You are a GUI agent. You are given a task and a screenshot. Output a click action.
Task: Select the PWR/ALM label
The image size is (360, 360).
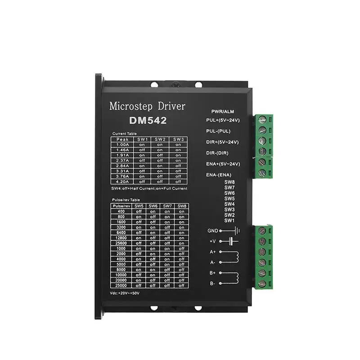[222, 111]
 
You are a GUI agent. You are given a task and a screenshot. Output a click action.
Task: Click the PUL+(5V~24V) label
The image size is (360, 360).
[223, 120]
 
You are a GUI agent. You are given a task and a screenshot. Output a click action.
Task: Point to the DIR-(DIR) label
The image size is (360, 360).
[218, 153]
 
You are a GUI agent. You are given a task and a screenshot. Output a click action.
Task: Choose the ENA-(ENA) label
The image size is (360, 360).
[219, 174]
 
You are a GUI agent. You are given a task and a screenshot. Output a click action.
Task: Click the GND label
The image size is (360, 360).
[212, 231]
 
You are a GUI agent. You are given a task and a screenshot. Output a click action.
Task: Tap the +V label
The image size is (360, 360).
[214, 241]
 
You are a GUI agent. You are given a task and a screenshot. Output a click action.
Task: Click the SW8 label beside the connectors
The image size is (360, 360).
[229, 182]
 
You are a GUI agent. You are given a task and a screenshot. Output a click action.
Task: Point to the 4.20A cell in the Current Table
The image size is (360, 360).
[122, 182]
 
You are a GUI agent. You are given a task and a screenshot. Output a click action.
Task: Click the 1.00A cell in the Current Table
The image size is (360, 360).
[122, 144]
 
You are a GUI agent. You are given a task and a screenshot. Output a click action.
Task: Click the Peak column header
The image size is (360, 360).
[122, 139]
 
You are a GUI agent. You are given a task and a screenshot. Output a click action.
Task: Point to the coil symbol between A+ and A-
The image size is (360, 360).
[234, 257]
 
